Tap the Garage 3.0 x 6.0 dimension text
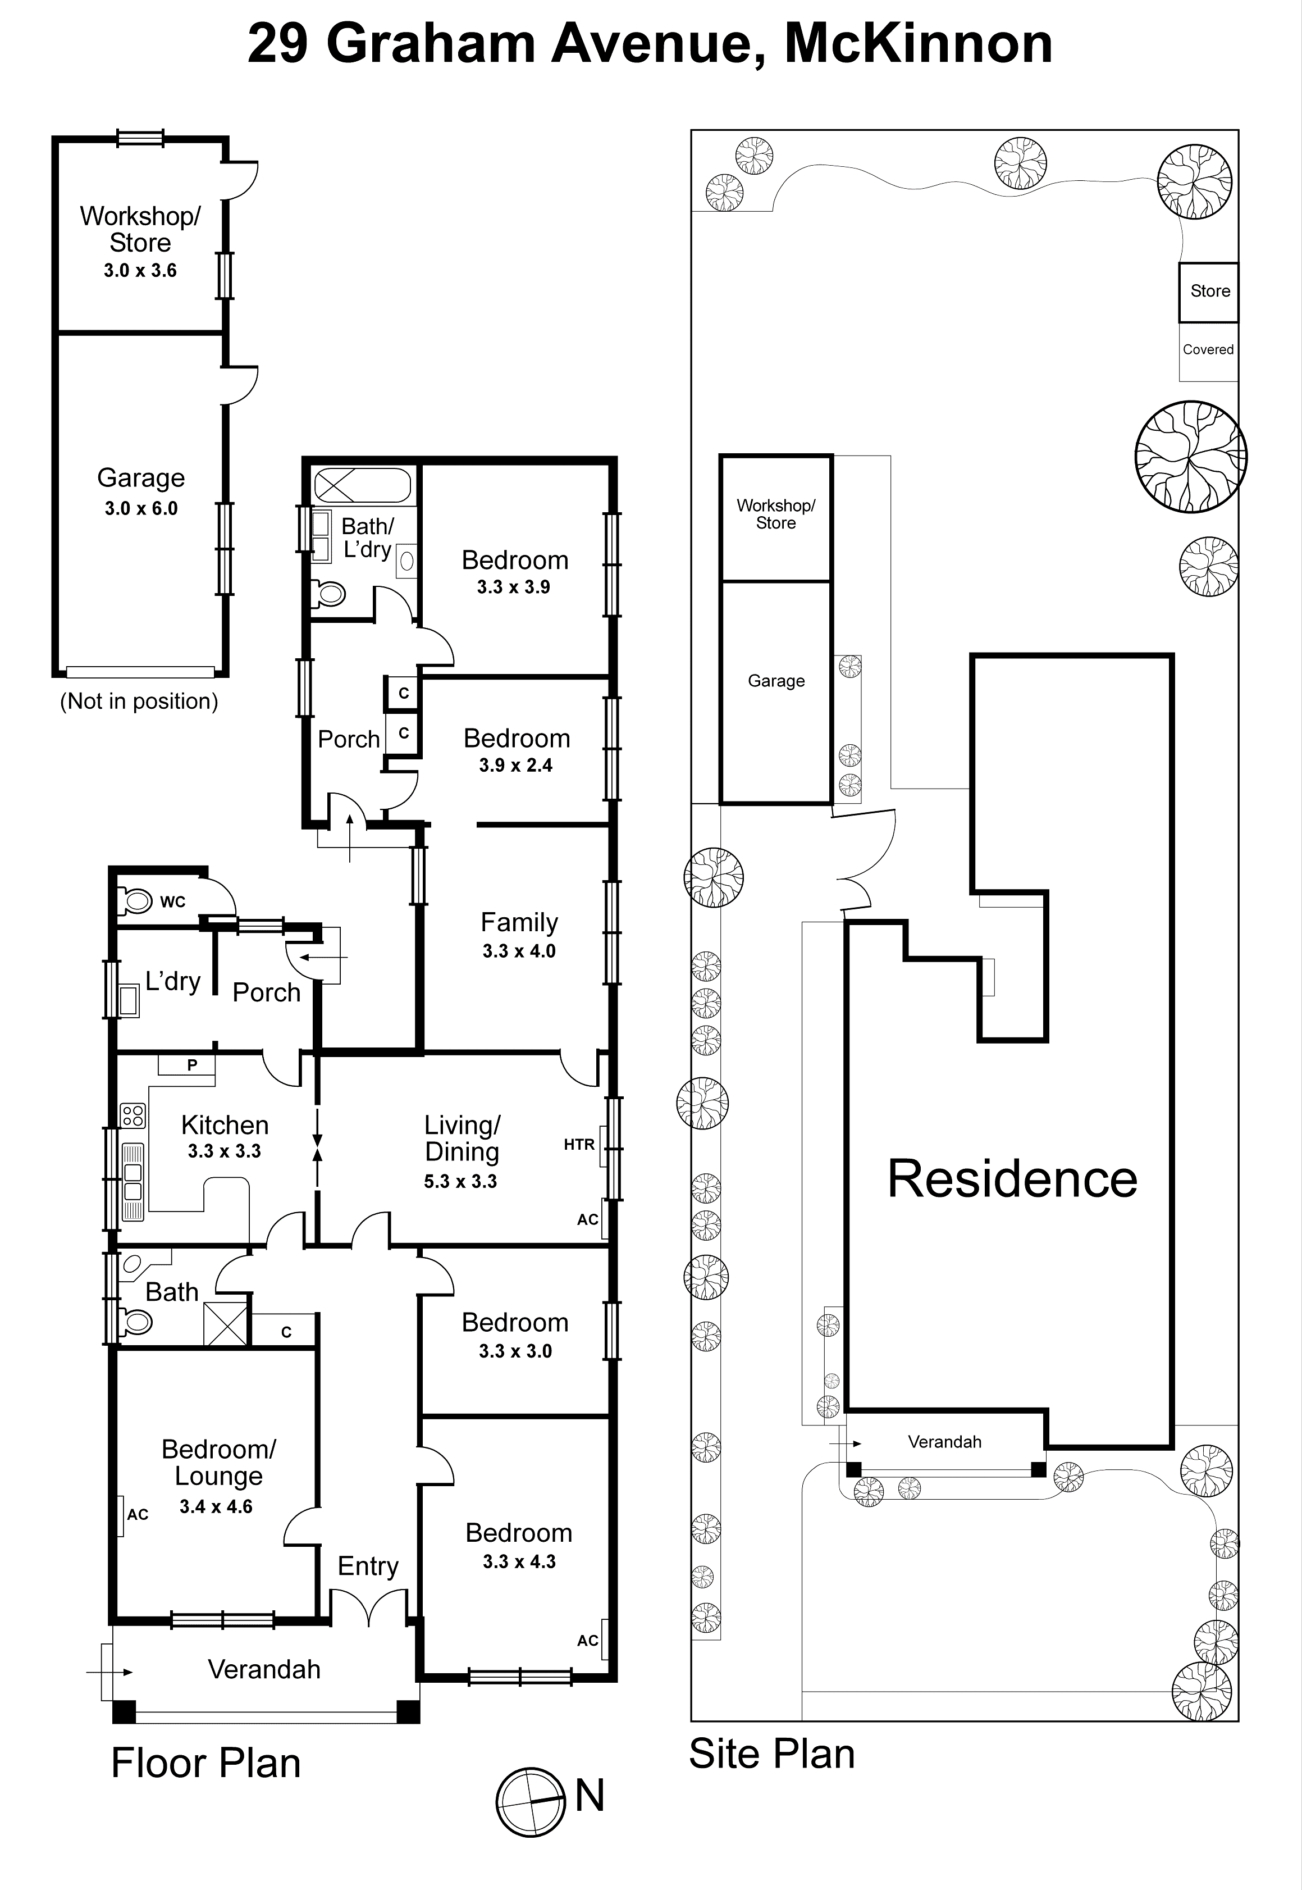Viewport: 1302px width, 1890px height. [x=141, y=508]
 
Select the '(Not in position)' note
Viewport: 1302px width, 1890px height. [x=139, y=701]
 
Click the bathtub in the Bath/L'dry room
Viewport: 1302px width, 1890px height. [x=362, y=485]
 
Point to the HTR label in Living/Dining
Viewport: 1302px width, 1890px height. [x=578, y=1145]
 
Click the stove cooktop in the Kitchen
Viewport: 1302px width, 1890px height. [x=132, y=1115]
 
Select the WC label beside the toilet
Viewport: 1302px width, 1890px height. [x=172, y=901]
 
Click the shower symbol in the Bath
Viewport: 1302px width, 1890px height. [x=225, y=1324]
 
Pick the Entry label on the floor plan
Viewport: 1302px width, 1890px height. [x=368, y=1565]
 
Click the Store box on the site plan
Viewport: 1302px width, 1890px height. [x=1209, y=292]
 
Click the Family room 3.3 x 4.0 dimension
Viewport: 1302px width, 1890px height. [x=519, y=951]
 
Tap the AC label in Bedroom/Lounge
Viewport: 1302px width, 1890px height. [x=137, y=1515]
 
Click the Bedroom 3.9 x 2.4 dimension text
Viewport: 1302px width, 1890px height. [x=515, y=766]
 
